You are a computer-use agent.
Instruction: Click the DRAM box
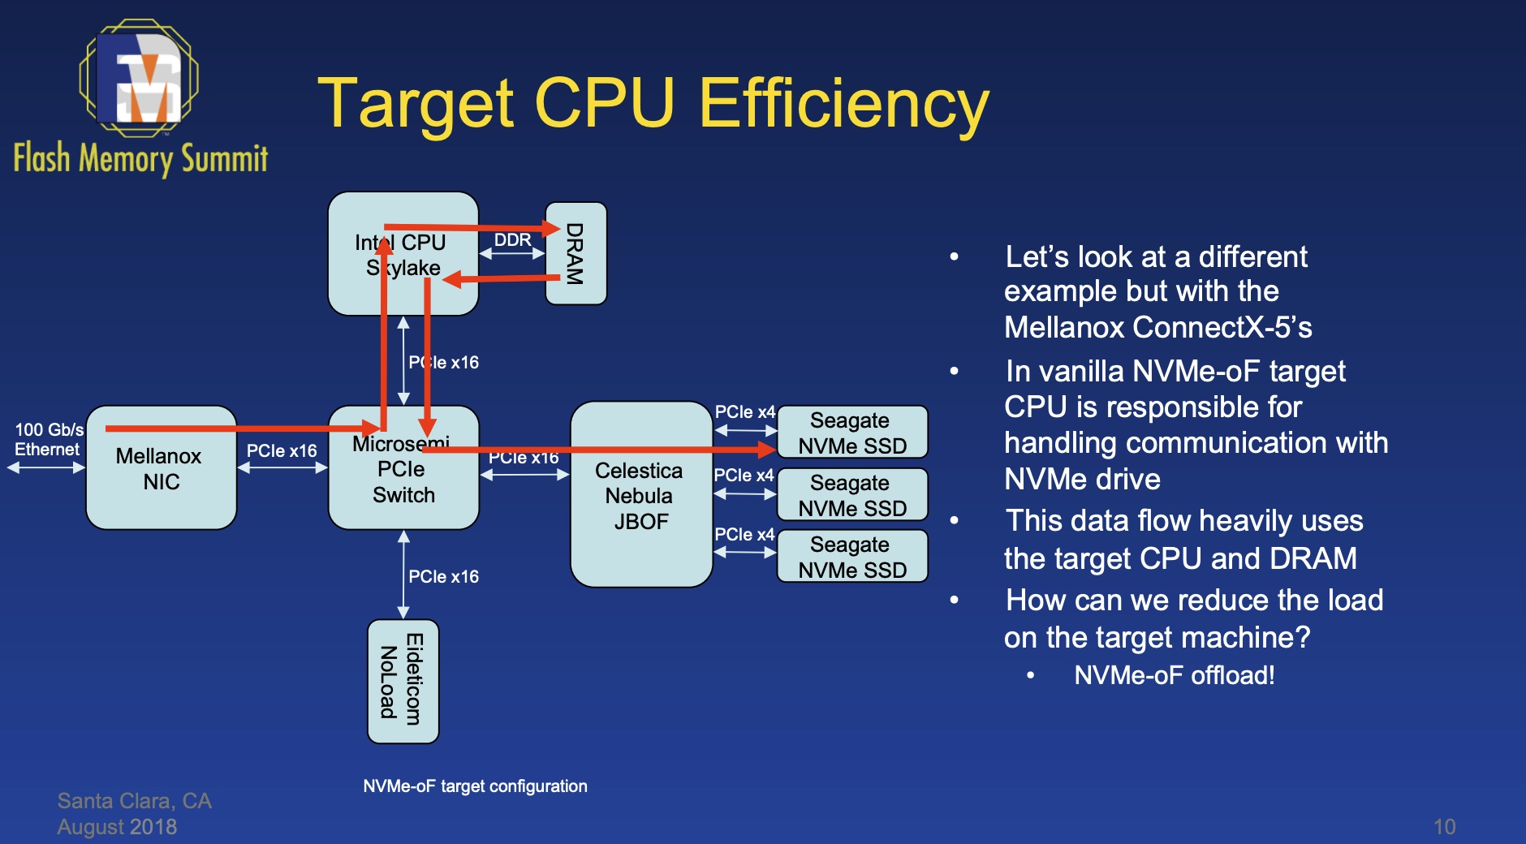575,253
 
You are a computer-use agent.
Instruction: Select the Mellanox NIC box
161,468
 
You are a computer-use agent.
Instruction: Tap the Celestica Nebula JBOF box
640,495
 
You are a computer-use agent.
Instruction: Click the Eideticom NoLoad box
403,681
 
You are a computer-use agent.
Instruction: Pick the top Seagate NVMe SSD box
851,433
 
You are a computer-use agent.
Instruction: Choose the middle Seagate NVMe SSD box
851,495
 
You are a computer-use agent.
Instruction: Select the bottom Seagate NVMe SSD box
851,557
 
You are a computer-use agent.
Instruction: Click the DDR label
512,240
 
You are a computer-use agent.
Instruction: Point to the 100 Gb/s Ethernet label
49,439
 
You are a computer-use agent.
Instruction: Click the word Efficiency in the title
843,104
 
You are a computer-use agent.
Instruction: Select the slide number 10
1444,826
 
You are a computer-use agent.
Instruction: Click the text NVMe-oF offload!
1174,675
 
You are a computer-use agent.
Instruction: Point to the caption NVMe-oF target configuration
475,786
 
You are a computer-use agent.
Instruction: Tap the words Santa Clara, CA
134,801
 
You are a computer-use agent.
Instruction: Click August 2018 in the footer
117,827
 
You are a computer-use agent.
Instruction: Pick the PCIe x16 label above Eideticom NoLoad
443,576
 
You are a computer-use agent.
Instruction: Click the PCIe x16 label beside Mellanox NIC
282,450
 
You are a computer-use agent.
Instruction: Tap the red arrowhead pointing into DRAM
553,229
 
